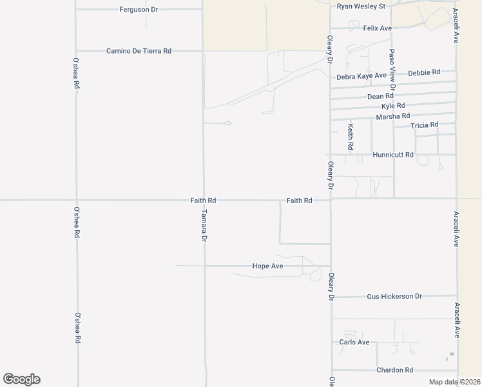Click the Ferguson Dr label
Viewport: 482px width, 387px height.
click(139, 10)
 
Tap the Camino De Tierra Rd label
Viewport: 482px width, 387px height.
click(139, 50)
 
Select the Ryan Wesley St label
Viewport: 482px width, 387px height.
click(361, 6)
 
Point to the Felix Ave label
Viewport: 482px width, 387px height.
click(378, 28)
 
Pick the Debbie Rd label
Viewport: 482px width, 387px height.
click(424, 72)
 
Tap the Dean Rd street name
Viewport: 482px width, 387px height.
click(380, 96)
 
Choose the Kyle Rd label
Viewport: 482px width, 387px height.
click(393, 106)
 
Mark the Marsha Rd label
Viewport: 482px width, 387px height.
click(393, 116)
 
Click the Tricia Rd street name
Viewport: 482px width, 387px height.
click(424, 124)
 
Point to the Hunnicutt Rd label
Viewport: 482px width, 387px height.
click(392, 155)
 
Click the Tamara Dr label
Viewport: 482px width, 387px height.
click(204, 225)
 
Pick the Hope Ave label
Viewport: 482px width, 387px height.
click(268, 266)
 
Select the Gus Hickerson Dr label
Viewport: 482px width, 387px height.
click(394, 297)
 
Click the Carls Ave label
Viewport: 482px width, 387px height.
click(354, 342)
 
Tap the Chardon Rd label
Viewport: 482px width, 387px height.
click(394, 370)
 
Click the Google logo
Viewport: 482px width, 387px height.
click(21, 379)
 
